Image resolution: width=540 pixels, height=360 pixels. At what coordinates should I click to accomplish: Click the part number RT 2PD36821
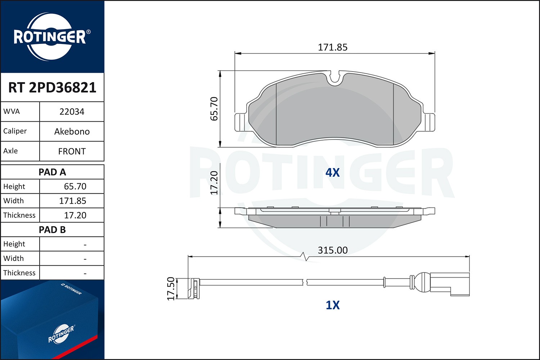pos(52,87)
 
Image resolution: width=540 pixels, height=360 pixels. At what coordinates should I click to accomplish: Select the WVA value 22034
pos(72,112)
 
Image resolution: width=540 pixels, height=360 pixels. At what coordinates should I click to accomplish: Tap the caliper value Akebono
pos(72,131)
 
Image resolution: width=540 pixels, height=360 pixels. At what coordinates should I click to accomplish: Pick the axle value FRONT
pos(72,152)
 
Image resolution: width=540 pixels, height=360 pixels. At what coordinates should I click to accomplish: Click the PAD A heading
pos(52,172)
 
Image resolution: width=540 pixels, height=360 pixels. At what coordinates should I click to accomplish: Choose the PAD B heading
pos(52,230)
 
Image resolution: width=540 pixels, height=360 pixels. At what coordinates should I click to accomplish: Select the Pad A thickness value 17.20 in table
pos(75,215)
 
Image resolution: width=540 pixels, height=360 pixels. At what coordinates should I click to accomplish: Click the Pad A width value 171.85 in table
pos(73,201)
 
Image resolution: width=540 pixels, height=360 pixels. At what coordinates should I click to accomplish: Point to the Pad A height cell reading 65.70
pos(75,186)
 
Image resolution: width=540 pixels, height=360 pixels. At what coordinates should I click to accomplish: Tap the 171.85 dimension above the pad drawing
pos(333,47)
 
